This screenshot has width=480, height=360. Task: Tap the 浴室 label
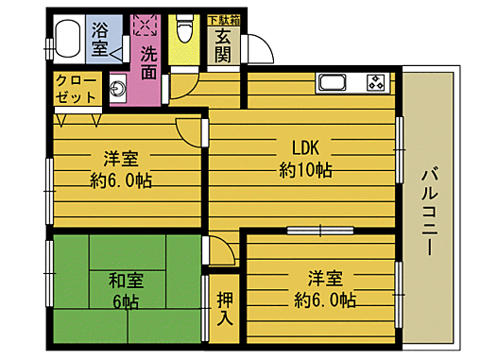100,39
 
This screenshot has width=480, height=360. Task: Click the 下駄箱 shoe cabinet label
223,18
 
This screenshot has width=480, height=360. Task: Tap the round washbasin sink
116,91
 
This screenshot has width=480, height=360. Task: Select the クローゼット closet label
76,90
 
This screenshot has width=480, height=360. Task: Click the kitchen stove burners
377,81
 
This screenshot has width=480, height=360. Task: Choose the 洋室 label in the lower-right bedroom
324,279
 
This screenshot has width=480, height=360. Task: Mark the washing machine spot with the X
146,25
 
